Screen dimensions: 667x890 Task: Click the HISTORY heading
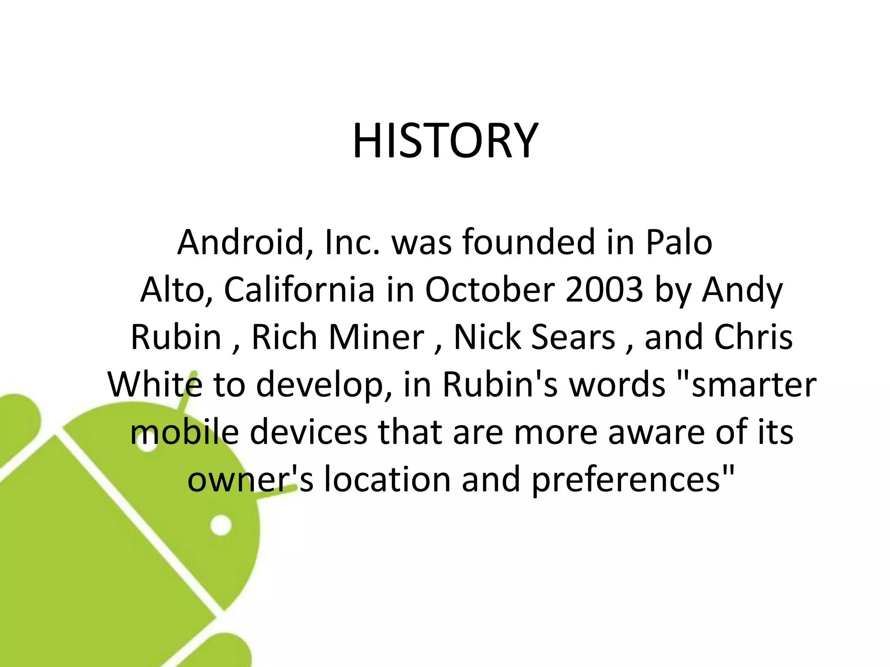click(x=445, y=141)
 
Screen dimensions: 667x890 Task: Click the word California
click(x=299, y=290)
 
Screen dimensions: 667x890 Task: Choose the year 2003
click(x=604, y=290)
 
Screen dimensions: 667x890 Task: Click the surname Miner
click(x=376, y=337)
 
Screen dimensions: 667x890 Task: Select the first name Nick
click(x=487, y=337)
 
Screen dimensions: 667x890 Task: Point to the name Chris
click(x=754, y=337)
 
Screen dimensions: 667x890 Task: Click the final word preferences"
click(x=633, y=480)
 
